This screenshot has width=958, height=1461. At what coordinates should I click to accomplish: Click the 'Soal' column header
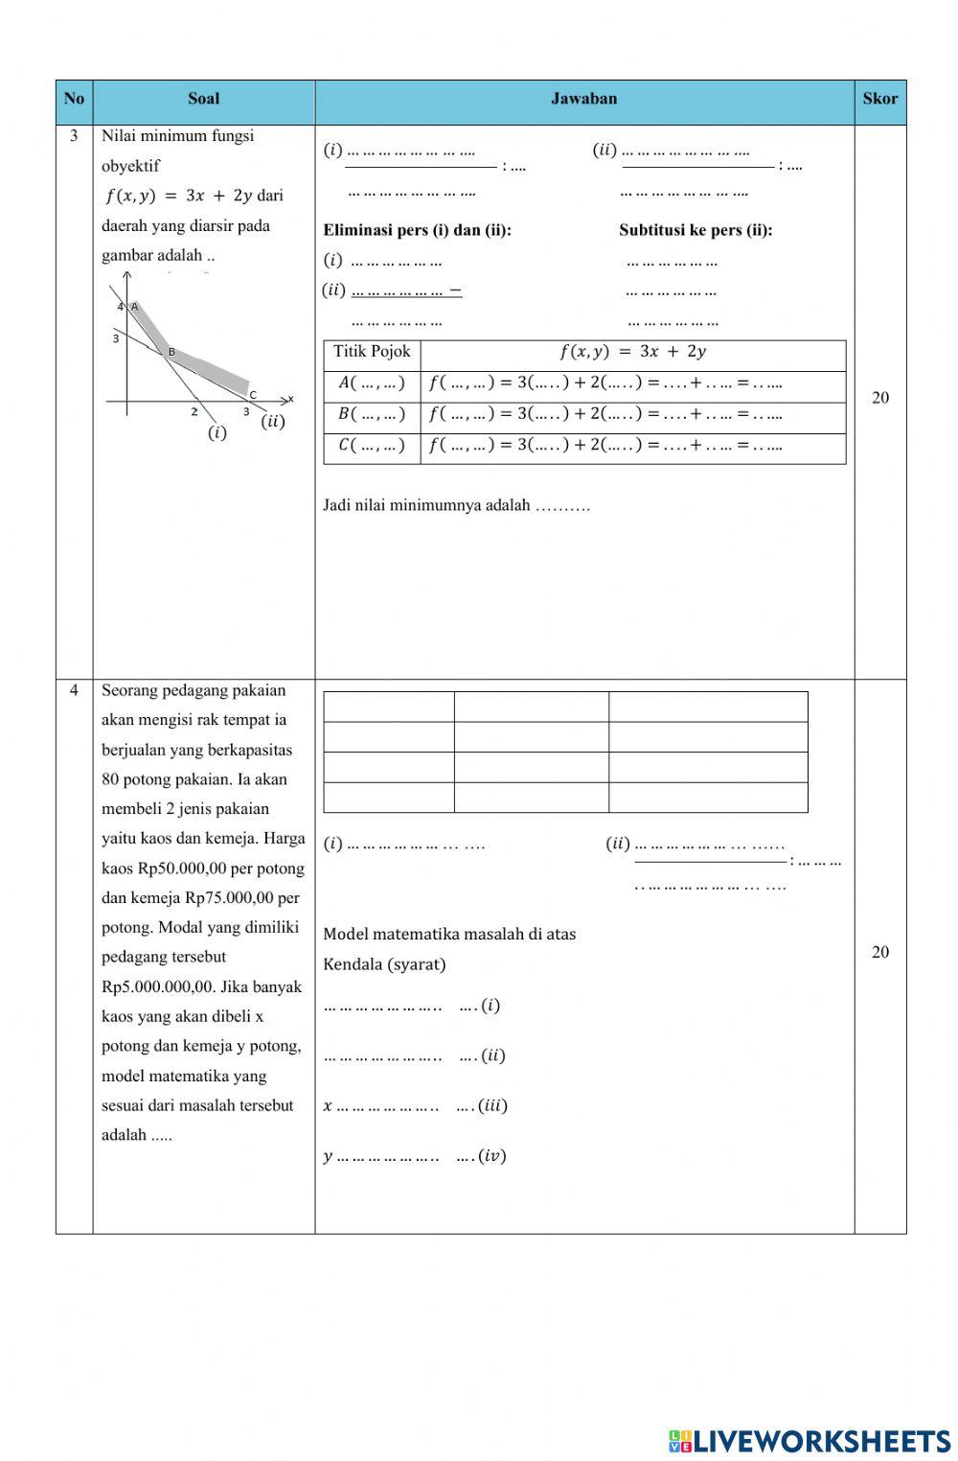[203, 99]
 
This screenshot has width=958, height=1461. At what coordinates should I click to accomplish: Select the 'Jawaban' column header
[583, 99]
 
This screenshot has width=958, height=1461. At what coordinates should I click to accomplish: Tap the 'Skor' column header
[879, 99]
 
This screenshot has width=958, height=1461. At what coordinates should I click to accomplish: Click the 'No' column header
[74, 99]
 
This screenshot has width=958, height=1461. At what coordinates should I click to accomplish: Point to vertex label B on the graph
[172, 352]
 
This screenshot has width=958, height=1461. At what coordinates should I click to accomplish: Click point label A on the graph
[134, 307]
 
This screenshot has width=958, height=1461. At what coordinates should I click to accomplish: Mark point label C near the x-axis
[253, 395]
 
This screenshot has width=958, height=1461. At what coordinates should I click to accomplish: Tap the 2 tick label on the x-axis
[194, 412]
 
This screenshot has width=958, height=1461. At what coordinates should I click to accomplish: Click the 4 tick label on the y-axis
[121, 307]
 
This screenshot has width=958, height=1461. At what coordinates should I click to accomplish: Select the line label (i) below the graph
[217, 432]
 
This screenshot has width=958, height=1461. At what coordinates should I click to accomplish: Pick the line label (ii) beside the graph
[273, 421]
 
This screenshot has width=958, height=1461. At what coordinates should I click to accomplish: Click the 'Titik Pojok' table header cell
[372, 352]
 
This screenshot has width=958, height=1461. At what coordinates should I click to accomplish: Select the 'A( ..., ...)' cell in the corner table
[372, 383]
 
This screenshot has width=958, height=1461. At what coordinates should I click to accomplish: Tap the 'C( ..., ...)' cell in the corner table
[372, 446]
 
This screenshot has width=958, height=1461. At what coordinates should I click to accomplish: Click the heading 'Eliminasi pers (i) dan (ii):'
[417, 230]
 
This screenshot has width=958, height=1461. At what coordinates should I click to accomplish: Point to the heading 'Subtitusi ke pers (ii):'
[696, 230]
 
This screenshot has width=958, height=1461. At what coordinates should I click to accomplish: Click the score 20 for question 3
[880, 398]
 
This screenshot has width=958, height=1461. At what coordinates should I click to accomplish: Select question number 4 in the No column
[74, 690]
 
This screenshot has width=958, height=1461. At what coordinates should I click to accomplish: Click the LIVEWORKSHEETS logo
[810, 1441]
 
